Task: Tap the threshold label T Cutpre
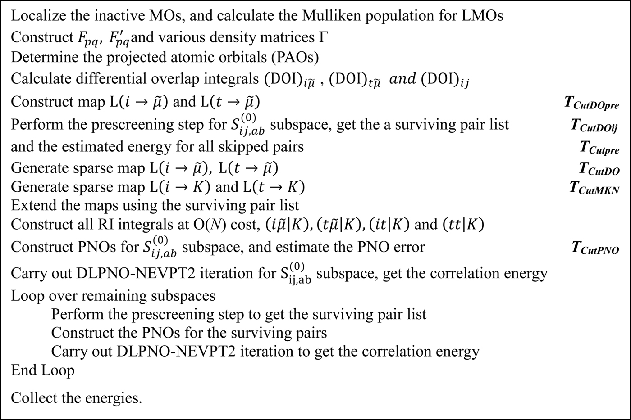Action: click(x=599, y=148)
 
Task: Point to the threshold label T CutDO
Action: click(x=599, y=169)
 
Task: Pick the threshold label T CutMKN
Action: click(x=594, y=188)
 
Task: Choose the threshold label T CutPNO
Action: click(x=595, y=248)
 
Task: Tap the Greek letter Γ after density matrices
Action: click(x=323, y=37)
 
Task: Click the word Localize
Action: click(x=36, y=16)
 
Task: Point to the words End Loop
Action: click(x=43, y=370)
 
